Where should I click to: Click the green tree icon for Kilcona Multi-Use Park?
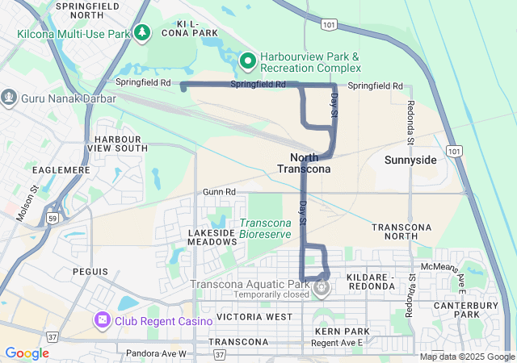pyautogui.click(x=143, y=32)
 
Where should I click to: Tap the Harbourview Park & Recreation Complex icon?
pyautogui.click(x=249, y=60)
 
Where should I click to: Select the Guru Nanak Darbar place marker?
pyautogui.click(x=9, y=98)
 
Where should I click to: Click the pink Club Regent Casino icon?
pyautogui.click(x=103, y=320)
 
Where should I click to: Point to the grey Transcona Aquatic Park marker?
pyautogui.click(x=322, y=286)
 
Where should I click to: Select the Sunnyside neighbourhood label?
pyautogui.click(x=410, y=160)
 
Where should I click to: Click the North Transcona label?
pyautogui.click(x=304, y=163)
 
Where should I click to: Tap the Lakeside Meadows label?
pyautogui.click(x=212, y=237)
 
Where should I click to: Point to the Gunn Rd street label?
pyautogui.click(x=219, y=192)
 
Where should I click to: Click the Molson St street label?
pyautogui.click(x=28, y=204)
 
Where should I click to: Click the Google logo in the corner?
pyautogui.click(x=27, y=353)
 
